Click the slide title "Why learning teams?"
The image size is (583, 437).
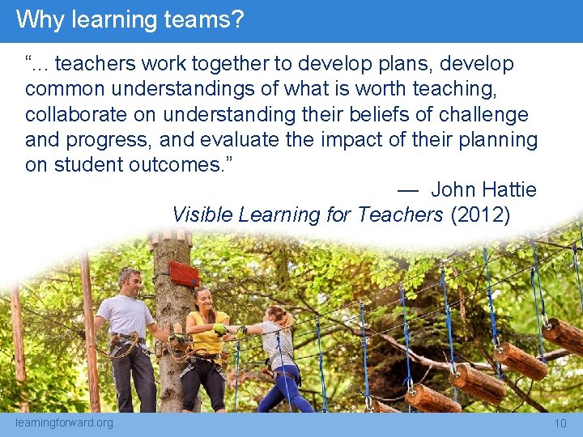point(130,19)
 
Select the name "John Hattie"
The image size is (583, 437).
point(483,189)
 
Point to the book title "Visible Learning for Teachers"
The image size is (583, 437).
point(308,214)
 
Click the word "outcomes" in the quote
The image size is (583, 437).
point(174,165)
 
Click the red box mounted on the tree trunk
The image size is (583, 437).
point(184,273)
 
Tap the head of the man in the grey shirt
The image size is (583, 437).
point(128,280)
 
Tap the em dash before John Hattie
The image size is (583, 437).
point(407,190)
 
